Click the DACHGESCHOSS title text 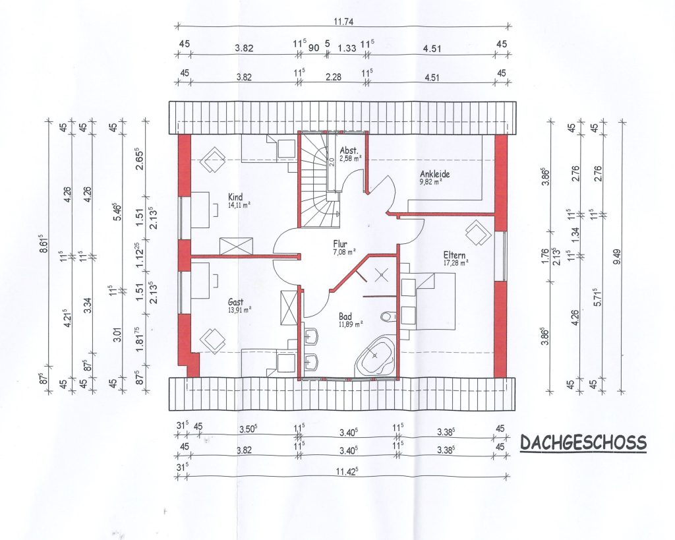click(x=583, y=442)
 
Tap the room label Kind click(x=235, y=197)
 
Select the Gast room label click(x=235, y=302)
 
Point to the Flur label click(x=339, y=244)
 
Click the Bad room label click(x=345, y=317)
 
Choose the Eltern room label click(x=454, y=255)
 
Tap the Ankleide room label click(x=435, y=174)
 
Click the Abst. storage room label click(x=349, y=151)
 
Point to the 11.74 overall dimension click(x=343, y=22)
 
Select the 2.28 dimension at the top click(x=334, y=76)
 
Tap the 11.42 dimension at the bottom click(x=347, y=471)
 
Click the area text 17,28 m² click(x=456, y=262)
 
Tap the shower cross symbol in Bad click(x=380, y=274)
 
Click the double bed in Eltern click(x=428, y=301)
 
